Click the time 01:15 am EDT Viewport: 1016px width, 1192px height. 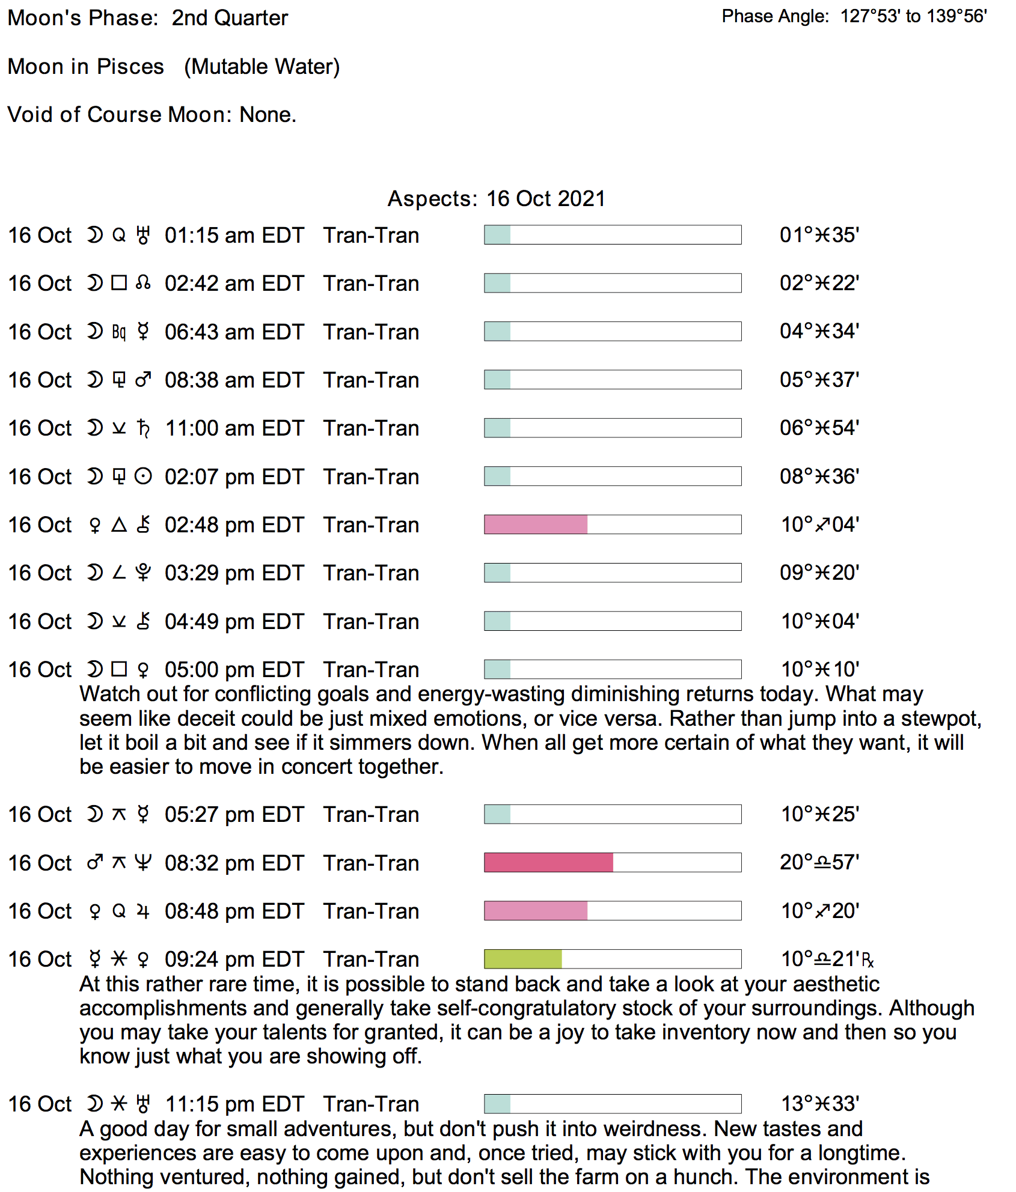point(234,236)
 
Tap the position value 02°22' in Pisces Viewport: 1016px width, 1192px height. point(819,283)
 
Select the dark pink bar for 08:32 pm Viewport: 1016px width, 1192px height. point(548,863)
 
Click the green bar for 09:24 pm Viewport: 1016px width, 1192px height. point(522,959)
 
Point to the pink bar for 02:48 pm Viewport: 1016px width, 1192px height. point(535,525)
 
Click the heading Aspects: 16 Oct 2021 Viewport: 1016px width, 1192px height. point(496,199)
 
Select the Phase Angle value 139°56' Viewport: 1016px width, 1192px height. point(956,16)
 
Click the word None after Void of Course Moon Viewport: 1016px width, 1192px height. point(267,115)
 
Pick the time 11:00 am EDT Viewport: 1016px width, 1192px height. point(234,428)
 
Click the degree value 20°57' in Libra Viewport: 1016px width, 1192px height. point(819,863)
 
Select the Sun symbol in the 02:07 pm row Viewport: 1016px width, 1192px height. point(143,476)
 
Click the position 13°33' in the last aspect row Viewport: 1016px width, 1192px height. point(819,1104)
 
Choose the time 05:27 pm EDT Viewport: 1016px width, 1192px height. point(234,815)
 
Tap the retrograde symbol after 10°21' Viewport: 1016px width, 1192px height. point(868,960)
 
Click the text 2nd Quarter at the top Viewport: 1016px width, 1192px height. point(230,18)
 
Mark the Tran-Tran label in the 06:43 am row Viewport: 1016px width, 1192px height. point(371,332)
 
